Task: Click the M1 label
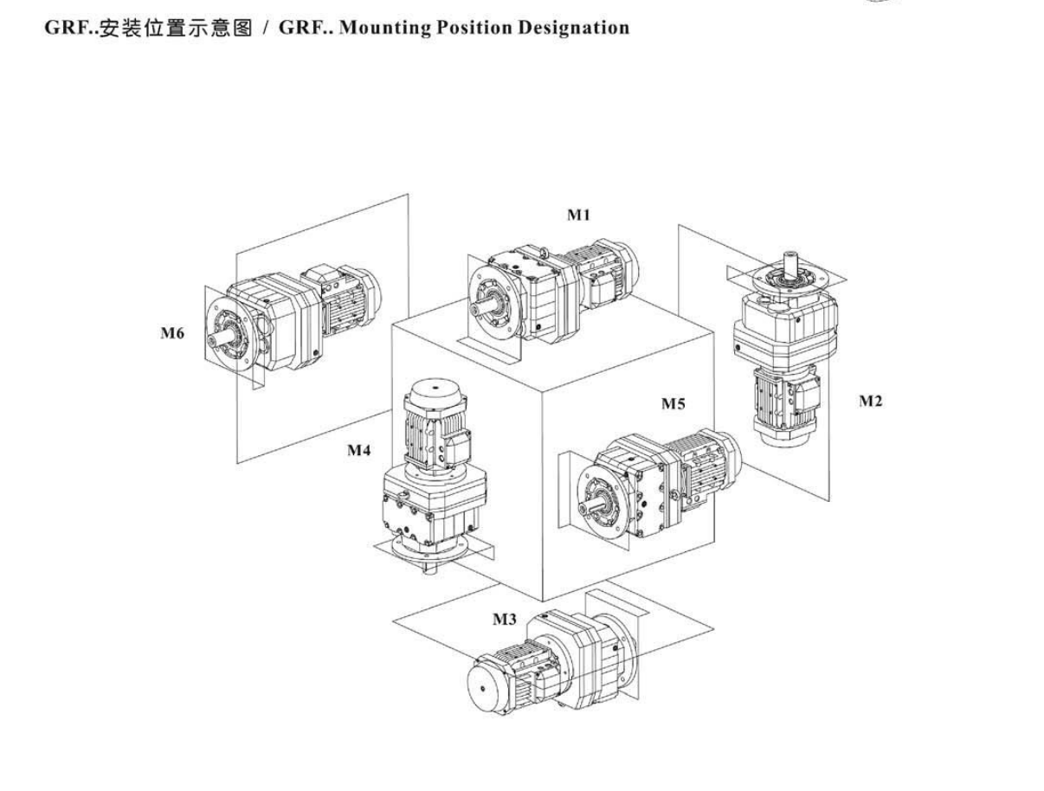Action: (578, 215)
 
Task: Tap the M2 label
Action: (871, 401)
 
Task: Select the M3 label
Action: (505, 620)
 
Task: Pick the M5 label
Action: (674, 404)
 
